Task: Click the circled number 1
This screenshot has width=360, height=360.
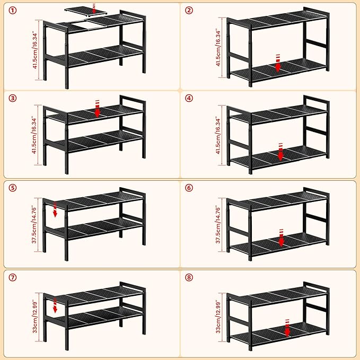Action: click(x=13, y=10)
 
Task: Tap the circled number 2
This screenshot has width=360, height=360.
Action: click(x=189, y=10)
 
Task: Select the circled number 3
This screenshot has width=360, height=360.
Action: click(x=13, y=98)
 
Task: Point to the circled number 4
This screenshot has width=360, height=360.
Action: click(x=189, y=98)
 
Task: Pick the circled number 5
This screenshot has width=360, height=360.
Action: click(x=13, y=188)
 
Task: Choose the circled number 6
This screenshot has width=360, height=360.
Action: click(x=189, y=188)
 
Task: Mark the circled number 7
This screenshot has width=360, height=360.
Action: click(x=13, y=277)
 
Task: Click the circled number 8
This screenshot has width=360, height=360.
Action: click(x=189, y=277)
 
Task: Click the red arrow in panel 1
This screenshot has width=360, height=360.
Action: click(x=94, y=8)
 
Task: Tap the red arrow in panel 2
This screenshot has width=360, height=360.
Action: click(x=278, y=63)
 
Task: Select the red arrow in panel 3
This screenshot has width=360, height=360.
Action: click(x=98, y=109)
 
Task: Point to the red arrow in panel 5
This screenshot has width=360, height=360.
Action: click(x=55, y=209)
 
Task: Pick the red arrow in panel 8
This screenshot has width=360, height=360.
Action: click(x=287, y=328)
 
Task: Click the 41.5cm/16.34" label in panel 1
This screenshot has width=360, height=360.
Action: click(x=35, y=50)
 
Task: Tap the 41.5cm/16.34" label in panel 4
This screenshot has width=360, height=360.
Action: click(x=218, y=135)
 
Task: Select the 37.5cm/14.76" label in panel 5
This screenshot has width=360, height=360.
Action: click(x=34, y=224)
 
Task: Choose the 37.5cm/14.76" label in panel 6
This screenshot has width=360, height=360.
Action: click(x=218, y=224)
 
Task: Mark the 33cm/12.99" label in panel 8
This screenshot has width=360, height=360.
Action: click(x=218, y=317)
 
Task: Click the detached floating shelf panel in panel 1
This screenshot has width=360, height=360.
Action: click(x=86, y=11)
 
